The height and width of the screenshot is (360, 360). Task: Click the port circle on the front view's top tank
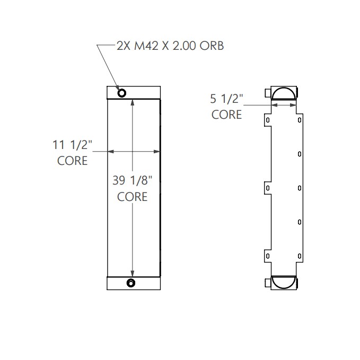click(122, 93)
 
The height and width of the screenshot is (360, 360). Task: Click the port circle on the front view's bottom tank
click(130, 283)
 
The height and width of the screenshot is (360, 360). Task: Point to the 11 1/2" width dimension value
click(72, 144)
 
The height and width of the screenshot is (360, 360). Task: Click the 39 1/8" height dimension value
click(132, 180)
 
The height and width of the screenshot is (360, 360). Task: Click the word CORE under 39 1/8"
click(132, 197)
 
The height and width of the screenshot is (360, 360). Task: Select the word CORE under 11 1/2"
click(72, 160)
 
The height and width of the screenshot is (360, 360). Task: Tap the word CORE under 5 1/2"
click(226, 114)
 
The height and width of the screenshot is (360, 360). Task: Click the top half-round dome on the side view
click(285, 94)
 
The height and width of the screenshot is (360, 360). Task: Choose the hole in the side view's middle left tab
click(268, 188)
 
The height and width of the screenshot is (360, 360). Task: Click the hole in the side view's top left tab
click(268, 120)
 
